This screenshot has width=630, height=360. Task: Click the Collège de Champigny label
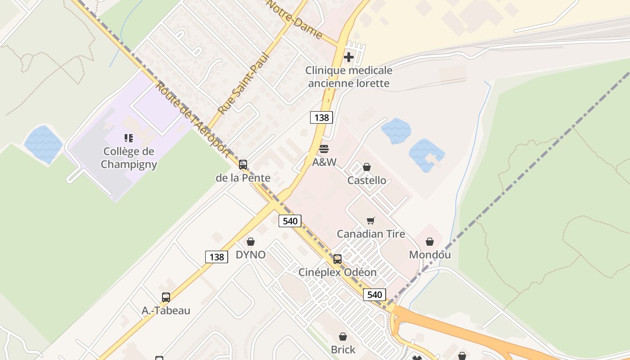click(129, 158)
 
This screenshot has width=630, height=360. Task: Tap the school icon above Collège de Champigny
click(129, 138)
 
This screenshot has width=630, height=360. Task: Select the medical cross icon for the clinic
click(349, 57)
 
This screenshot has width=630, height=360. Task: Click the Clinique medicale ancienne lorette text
click(349, 77)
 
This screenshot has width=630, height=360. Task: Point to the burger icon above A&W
click(324, 149)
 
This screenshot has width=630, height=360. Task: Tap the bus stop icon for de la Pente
click(243, 165)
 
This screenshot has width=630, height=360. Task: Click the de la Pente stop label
click(243, 178)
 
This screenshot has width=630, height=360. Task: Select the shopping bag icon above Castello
click(367, 167)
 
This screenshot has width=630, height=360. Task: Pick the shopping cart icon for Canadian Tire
click(371, 220)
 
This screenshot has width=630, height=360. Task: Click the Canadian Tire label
click(371, 234)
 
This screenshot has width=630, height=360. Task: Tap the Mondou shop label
click(430, 255)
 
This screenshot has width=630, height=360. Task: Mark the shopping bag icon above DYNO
click(251, 242)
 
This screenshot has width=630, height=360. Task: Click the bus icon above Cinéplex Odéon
click(337, 259)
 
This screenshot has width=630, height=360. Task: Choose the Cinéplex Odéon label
click(337, 272)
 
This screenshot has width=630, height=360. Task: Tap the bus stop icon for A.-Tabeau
click(166, 297)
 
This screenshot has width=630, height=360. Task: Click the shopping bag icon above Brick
click(343, 337)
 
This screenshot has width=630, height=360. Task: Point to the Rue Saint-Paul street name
click(243, 84)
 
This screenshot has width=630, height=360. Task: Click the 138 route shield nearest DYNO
click(216, 257)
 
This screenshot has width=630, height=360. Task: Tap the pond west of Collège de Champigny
click(43, 144)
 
